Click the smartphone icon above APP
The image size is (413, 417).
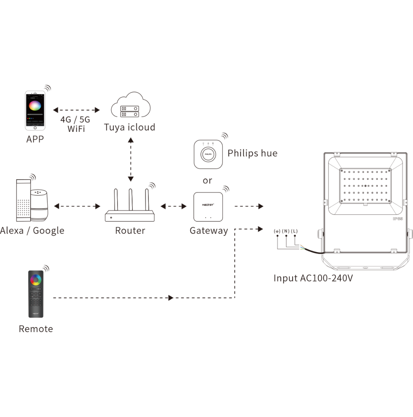point(35,110)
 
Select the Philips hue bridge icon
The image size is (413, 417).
point(208,154)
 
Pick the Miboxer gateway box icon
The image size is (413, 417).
point(208,207)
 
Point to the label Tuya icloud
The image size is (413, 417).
point(130,127)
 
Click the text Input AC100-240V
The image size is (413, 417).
point(313,278)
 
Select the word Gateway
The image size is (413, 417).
point(209,231)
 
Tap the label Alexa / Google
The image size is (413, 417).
point(32,231)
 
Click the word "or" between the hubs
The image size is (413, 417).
point(207,181)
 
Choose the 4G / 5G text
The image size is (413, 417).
point(75,120)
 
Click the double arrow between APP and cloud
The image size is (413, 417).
point(77,110)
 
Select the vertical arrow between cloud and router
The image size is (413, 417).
point(131,159)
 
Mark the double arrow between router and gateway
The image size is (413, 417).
point(173,206)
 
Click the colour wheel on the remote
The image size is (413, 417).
point(36,280)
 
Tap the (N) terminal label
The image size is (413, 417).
point(286,231)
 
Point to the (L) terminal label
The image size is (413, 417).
point(294,231)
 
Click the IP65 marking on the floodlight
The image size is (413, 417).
point(397,219)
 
